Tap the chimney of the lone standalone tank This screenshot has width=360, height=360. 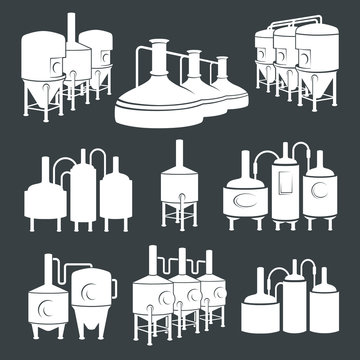click(x=178, y=149)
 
